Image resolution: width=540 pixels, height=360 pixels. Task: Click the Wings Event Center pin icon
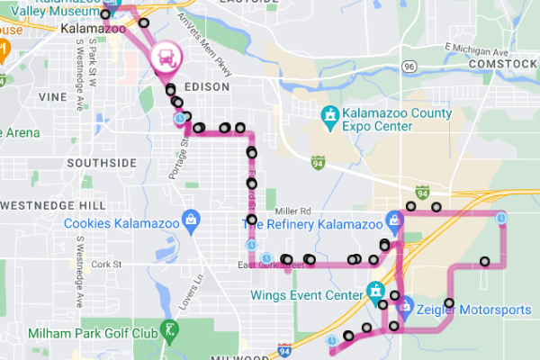374,292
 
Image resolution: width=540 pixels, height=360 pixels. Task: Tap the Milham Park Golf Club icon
168,330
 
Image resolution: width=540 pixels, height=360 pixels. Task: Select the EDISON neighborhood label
206,87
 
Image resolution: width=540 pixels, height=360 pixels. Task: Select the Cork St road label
105,264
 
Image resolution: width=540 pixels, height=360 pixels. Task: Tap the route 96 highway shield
409,67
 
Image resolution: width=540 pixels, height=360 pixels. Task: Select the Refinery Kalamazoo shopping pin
393,219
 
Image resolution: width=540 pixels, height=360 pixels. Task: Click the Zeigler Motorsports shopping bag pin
404,306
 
